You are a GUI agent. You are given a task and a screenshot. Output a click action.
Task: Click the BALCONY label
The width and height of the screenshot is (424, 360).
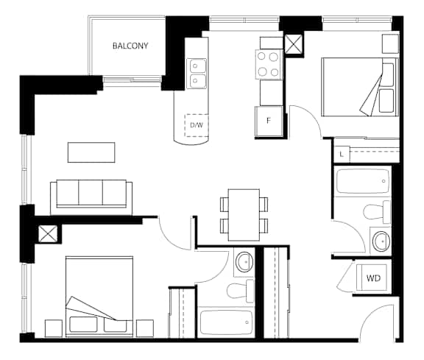[130, 46]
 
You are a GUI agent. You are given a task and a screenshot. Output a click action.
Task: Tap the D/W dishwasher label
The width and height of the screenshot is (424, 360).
[197, 125]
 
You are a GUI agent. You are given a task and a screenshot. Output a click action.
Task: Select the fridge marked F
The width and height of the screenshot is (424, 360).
[269, 121]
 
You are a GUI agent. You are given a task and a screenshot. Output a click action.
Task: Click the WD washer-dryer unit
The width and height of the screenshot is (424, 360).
[373, 278]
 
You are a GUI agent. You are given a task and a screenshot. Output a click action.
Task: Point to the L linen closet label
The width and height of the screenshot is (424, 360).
[342, 155]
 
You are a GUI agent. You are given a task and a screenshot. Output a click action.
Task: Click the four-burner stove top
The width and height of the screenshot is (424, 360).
[268, 64]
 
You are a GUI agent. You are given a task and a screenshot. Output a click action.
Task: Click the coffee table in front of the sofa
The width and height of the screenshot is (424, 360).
[91, 152]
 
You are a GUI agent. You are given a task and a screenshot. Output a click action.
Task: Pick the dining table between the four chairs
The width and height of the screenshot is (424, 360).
[244, 215]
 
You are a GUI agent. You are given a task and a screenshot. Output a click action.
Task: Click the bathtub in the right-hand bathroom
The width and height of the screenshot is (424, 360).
[363, 181]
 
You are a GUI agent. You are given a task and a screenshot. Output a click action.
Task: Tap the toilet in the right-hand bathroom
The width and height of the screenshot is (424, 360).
[377, 211]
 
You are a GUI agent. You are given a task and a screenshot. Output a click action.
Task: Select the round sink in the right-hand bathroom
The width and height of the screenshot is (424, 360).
[381, 240]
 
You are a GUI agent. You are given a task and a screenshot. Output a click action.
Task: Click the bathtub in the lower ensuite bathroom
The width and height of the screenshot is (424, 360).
[226, 322]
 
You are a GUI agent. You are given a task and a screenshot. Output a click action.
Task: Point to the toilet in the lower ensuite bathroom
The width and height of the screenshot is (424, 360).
[240, 291]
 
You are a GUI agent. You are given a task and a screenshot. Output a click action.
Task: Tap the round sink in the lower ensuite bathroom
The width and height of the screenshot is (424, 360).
[244, 261]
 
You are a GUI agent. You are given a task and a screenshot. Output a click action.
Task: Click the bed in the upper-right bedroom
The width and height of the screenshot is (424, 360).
[360, 87]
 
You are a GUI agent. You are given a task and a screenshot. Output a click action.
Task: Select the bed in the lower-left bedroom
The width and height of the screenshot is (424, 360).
[99, 296]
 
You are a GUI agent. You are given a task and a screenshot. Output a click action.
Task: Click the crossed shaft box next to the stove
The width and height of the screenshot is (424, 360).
[294, 43]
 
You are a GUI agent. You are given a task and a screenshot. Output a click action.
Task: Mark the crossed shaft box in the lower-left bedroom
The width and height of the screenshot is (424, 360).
[48, 234]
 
